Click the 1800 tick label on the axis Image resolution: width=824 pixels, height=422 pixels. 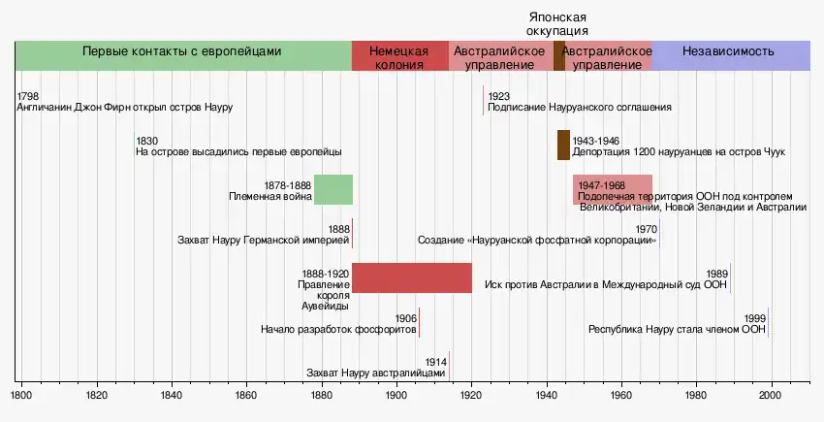[x=21, y=396]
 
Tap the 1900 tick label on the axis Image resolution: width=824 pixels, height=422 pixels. [x=396, y=396]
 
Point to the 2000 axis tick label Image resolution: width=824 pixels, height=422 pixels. [x=770, y=396]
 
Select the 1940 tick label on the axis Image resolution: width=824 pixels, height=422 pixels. [x=546, y=396]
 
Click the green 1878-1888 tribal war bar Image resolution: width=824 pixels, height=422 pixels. [x=333, y=189]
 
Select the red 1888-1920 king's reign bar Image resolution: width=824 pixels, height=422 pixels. [x=411, y=277]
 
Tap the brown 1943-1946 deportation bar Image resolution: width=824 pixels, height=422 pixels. [x=563, y=145]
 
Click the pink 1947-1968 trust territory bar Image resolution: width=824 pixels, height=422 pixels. [x=612, y=189]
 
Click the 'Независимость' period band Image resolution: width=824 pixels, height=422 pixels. [x=728, y=51]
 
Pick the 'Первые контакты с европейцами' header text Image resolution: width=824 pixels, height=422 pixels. [x=182, y=51]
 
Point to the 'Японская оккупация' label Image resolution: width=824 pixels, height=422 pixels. [x=557, y=24]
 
